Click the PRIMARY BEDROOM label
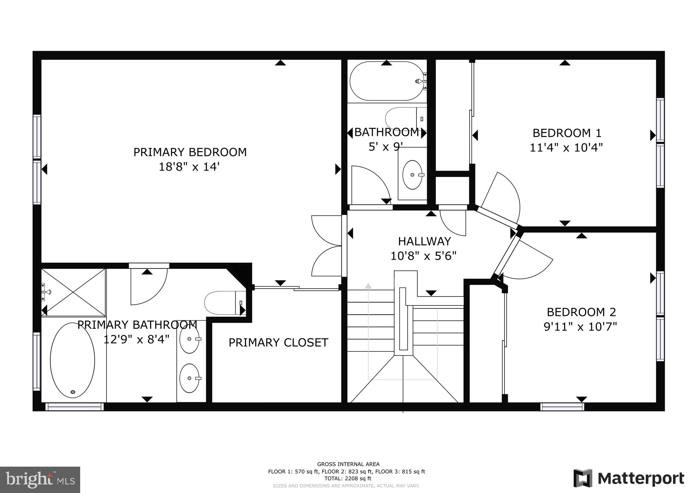[x=190, y=152]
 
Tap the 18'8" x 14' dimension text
[x=189, y=167]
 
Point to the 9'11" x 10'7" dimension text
[x=580, y=327]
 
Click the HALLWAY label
[x=424, y=241]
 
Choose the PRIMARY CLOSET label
[x=278, y=342]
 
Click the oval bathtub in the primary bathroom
[x=72, y=360]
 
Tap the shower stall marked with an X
[x=73, y=292]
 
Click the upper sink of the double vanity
[x=189, y=339]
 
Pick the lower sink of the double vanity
[x=189, y=378]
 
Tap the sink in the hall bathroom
[x=412, y=175]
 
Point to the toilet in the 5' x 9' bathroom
[x=404, y=118]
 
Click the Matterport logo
[x=629, y=478]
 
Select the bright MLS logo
[x=40, y=480]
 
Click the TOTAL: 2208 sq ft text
[x=346, y=478]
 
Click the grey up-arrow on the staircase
[x=368, y=286]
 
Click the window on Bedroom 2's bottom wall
[x=562, y=407]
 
